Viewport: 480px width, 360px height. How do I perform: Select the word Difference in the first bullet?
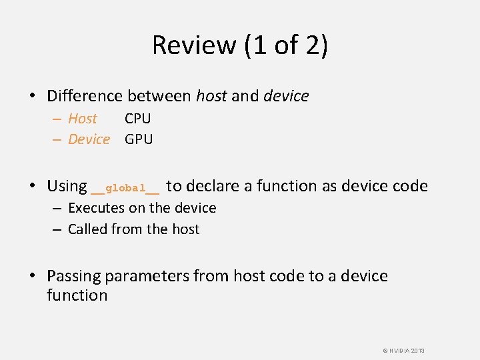pyautogui.click(x=87, y=96)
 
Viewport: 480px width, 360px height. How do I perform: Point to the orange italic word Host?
pyautogui.click(x=83, y=119)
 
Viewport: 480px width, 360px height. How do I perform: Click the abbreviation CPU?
pyautogui.click(x=138, y=119)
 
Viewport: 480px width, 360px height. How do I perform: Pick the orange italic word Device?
pyautogui.click(x=89, y=139)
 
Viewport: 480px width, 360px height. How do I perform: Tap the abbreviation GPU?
pyautogui.click(x=139, y=139)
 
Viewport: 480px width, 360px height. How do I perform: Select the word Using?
pyautogui.click(x=67, y=187)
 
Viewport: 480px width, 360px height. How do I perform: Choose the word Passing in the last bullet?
pyautogui.click(x=73, y=277)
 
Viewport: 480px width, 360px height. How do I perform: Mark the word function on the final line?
pyautogui.click(x=77, y=295)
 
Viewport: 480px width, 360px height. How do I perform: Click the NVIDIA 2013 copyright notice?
pyautogui.click(x=403, y=351)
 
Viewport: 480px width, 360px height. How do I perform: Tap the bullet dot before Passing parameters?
pyautogui.click(x=32, y=277)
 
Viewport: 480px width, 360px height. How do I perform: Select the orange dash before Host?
pyautogui.click(x=59, y=119)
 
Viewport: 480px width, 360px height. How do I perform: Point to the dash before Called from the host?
pyautogui.click(x=59, y=229)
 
